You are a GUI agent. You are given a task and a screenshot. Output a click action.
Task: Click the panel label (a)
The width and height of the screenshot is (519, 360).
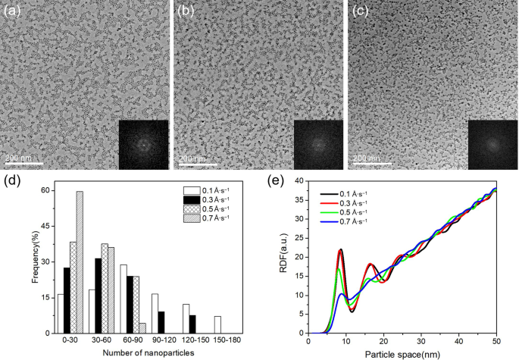tap(11, 11)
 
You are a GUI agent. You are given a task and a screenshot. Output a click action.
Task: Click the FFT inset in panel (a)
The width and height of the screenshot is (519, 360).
tap(143, 142)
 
